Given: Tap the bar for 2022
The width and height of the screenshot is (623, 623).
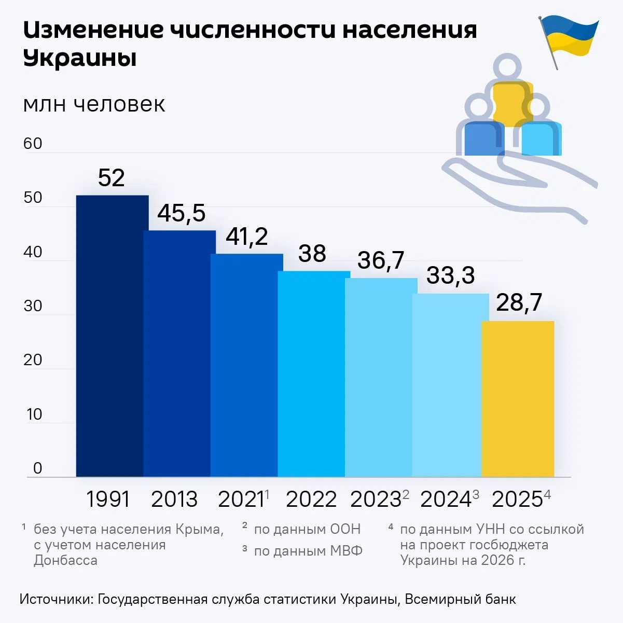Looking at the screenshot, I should tap(311, 373).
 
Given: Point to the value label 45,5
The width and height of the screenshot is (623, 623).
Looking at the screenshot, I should tap(182, 213).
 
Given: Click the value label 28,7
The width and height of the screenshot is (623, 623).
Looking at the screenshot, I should tap(519, 302).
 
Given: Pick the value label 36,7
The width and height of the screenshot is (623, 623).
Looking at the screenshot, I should tap(381, 260).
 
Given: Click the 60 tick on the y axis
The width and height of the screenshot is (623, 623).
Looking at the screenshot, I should tap(33, 143).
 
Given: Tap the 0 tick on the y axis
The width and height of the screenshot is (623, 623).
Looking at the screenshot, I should tap(37, 468).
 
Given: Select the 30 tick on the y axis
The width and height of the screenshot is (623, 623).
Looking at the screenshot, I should tap(33, 306).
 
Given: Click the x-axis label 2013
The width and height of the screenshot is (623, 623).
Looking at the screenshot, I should tap(174, 500).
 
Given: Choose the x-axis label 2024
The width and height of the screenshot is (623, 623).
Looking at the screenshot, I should tap(446, 500).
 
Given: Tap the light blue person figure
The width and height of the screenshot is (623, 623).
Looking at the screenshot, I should tap(539, 132).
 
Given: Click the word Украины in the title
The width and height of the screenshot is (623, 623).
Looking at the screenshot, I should tap(80, 58).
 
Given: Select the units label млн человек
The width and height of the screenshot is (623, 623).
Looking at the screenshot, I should tap(94, 104).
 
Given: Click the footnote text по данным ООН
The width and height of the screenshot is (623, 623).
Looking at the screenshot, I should tap(307, 529).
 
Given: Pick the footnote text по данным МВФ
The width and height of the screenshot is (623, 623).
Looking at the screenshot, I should tap(308, 550).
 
